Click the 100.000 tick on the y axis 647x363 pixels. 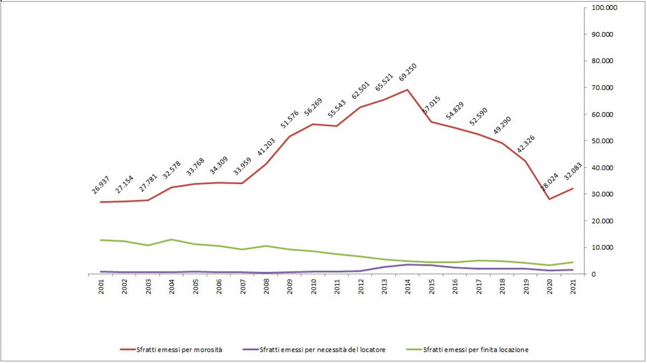click(x=605, y=8)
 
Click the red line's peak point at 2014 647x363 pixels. click(x=408, y=90)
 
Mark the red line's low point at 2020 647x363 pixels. click(x=550, y=199)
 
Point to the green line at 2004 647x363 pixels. click(x=172, y=239)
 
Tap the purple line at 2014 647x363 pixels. click(x=408, y=264)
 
